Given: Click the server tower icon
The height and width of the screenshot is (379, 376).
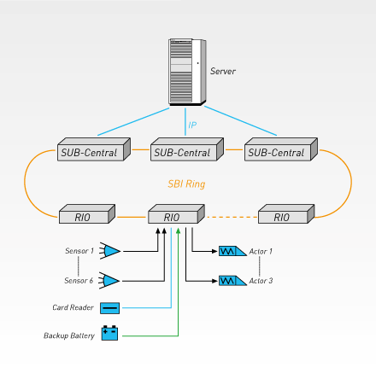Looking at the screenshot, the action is tap(187, 72).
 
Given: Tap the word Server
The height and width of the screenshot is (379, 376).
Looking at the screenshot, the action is tap(223, 71).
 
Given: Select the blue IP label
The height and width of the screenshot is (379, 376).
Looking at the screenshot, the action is tap(192, 125).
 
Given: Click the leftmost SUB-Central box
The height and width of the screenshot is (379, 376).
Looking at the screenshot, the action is tap(94, 149).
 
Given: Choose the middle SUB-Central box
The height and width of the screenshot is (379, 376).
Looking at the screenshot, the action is tap(187, 149).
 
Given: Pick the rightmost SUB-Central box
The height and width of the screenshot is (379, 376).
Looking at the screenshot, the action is tap(281, 149).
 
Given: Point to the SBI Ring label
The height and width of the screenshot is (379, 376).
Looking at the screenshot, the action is tap(186, 184).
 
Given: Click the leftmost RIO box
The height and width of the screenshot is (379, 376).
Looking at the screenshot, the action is tap(87, 213).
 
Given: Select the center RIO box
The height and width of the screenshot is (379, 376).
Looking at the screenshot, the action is tap(176, 213).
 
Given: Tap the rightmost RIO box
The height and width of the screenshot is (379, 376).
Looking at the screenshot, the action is tap(286, 213).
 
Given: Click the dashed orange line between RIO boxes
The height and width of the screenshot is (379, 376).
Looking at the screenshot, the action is tap(232, 217).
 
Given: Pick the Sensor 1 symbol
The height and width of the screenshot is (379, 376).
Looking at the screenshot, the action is tap(110, 251).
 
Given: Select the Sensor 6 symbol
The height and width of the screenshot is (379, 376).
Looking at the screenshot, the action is tap(109, 281).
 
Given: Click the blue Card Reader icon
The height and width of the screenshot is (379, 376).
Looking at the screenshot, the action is tap(109, 308).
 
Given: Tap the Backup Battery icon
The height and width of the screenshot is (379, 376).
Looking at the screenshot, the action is tap(109, 333).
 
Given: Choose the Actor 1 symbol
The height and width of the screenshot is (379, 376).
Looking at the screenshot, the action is tap(232, 251).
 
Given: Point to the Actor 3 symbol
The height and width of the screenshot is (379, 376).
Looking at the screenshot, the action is tap(232, 281).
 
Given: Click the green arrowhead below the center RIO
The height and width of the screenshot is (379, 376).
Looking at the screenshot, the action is tap(179, 230).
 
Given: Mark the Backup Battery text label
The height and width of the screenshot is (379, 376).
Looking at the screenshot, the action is tap(69, 335).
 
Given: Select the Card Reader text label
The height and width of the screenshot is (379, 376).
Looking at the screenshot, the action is tap(73, 307).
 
